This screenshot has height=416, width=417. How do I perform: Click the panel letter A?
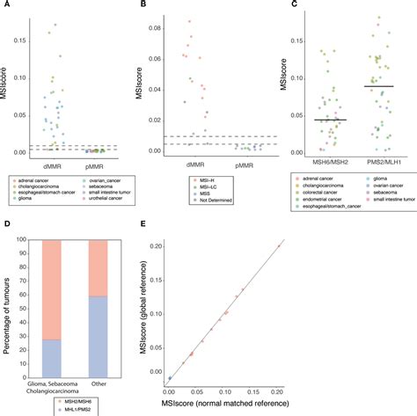click(x=5, y=5)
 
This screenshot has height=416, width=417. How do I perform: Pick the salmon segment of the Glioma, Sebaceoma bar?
click(x=52, y=289)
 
